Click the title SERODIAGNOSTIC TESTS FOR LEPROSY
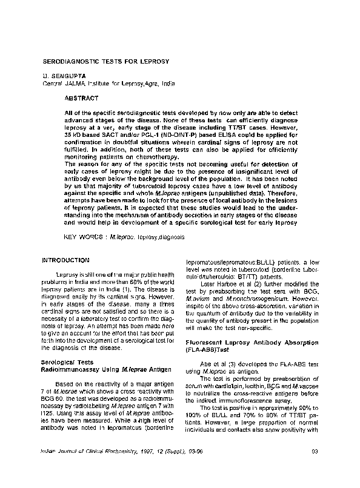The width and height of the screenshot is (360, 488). coord(105,61)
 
